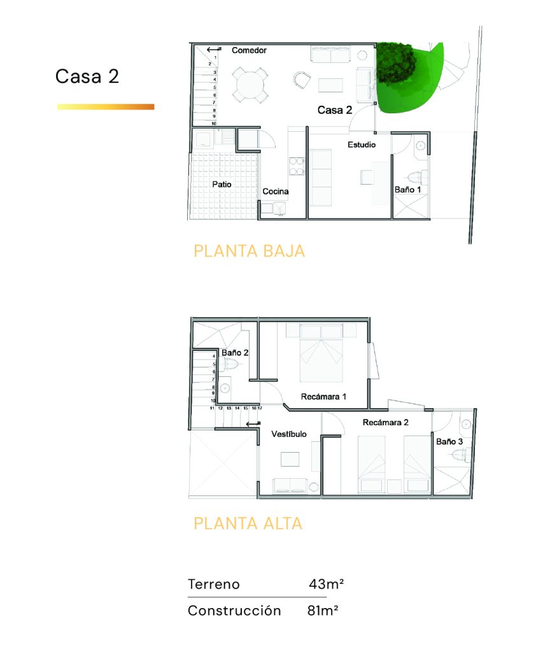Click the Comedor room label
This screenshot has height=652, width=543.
(x=249, y=50)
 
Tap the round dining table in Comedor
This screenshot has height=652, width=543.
(x=250, y=85)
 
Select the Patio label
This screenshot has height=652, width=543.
(x=222, y=184)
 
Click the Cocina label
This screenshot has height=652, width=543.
(x=275, y=191)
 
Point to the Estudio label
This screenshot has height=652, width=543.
(x=362, y=145)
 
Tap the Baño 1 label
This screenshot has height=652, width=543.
(x=407, y=190)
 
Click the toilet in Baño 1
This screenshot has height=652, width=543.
(x=418, y=178)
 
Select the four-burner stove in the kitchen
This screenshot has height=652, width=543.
(x=297, y=166)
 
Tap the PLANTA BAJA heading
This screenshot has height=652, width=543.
(x=250, y=251)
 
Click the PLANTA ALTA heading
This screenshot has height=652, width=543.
(x=248, y=523)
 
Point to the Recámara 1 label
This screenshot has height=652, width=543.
(x=323, y=397)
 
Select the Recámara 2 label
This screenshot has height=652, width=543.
(x=385, y=423)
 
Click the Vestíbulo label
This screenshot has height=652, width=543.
(x=289, y=434)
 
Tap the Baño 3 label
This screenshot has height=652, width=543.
(x=449, y=442)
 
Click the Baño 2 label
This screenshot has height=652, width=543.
(x=235, y=353)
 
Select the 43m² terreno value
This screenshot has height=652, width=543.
(x=326, y=585)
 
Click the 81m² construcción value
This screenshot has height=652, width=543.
(x=323, y=611)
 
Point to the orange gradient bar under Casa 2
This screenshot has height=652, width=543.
(x=106, y=107)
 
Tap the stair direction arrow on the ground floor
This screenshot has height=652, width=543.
(x=214, y=50)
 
